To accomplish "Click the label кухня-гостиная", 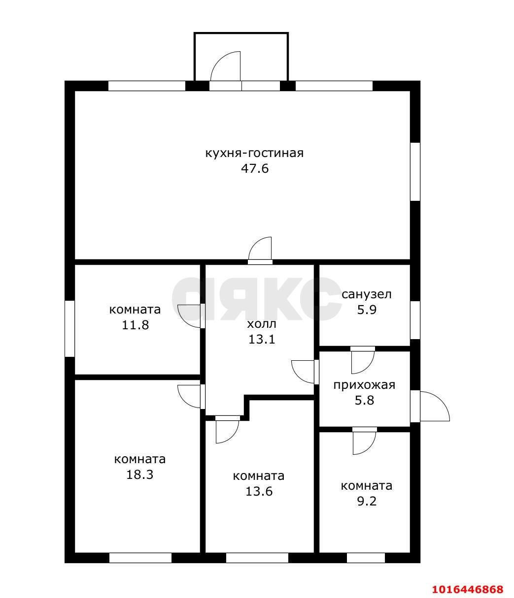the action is point(254,154).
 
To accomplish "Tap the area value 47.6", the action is point(255,168).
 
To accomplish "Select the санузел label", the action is point(366,294).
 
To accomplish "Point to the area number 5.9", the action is point(367,310).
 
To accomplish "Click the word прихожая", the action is point(364,385).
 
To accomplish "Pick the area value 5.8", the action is point(364,401).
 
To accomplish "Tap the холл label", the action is point(261,324).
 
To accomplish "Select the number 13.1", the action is point(261,339).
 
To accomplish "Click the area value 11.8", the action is point(135,325).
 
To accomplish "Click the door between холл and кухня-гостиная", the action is point(260,251).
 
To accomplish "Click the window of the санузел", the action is point(415,320).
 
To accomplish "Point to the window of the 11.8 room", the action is point(69,329).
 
